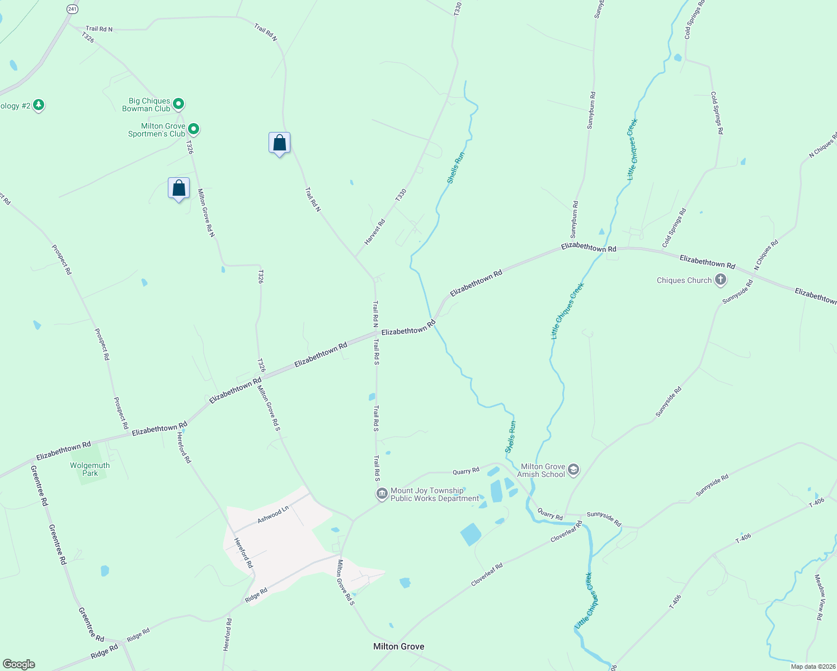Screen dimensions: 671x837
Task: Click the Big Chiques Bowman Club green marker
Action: click(x=178, y=103)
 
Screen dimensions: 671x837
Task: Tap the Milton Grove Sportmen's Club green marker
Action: click(x=194, y=129)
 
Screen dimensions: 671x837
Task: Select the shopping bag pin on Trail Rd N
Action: click(x=279, y=143)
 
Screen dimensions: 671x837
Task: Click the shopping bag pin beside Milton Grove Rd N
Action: click(x=178, y=188)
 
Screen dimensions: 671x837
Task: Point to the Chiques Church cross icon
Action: click(x=721, y=280)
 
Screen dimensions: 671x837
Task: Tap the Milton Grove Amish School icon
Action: click(x=573, y=470)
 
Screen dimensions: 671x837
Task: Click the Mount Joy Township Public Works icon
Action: click(x=382, y=494)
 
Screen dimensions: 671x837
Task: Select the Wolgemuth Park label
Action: click(x=90, y=469)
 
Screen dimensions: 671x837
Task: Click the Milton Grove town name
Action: click(x=398, y=646)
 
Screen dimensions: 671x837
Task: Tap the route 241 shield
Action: click(x=72, y=9)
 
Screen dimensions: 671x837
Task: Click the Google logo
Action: click(x=19, y=664)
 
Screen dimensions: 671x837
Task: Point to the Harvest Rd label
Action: click(x=375, y=232)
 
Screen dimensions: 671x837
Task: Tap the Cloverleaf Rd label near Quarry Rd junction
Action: click(x=567, y=532)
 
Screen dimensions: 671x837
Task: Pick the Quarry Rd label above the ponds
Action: click(x=466, y=471)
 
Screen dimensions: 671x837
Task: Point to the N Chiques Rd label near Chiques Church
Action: click(x=766, y=256)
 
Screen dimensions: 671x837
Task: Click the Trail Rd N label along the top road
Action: click(x=99, y=29)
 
